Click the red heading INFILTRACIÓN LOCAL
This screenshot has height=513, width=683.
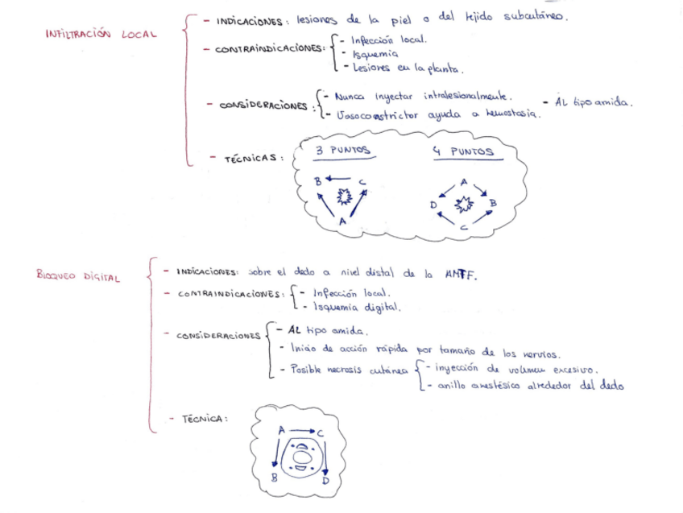coord(101,35)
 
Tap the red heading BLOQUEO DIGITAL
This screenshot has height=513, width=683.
coord(78,276)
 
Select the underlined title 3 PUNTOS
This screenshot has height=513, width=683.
coord(342,151)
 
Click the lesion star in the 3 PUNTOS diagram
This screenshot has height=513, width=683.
coord(345,196)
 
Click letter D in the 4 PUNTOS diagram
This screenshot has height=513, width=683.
coord(435,205)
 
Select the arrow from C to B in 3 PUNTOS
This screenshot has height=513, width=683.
coord(339,179)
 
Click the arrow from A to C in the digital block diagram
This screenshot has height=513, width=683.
coord(300,432)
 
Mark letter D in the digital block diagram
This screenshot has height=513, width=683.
coord(325,481)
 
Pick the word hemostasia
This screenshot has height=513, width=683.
coord(512,114)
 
